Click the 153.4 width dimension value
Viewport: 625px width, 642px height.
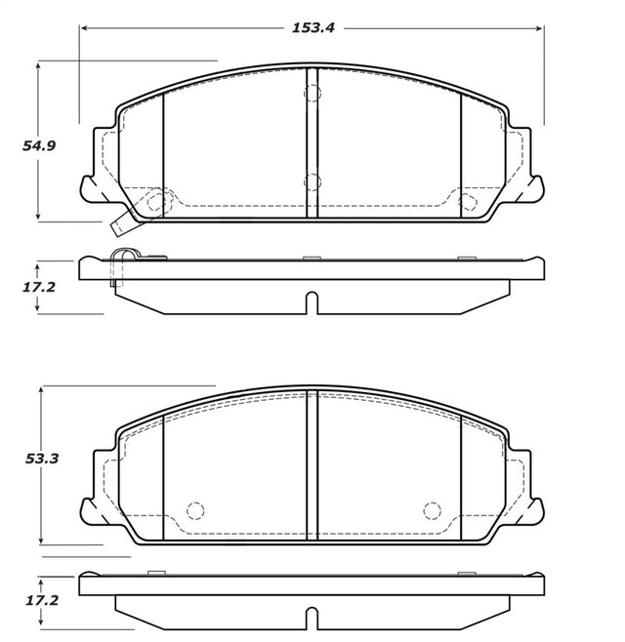[x=313, y=28]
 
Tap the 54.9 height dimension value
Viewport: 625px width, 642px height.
[x=39, y=145]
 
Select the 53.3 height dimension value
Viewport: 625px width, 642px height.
[x=42, y=459]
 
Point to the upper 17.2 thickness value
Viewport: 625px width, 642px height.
[x=38, y=287]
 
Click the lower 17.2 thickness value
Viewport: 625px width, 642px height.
[x=42, y=601]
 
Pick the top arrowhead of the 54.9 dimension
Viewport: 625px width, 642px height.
[x=38, y=65]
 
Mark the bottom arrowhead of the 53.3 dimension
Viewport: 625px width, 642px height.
[x=41, y=541]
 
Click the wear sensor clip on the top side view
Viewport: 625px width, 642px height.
[x=125, y=254]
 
